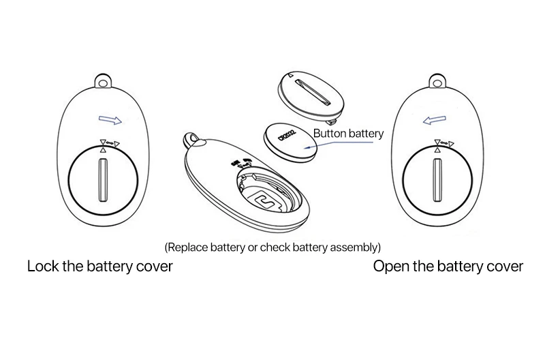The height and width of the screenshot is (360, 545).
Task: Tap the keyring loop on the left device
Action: [103, 81]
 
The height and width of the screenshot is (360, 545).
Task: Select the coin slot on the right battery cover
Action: [437, 180]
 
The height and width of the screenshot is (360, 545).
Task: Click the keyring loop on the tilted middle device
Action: [196, 140]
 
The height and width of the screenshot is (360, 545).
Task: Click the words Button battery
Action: [348, 134]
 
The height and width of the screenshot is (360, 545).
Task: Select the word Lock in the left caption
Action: [42, 266]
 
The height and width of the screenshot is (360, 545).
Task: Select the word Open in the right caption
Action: [391, 266]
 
